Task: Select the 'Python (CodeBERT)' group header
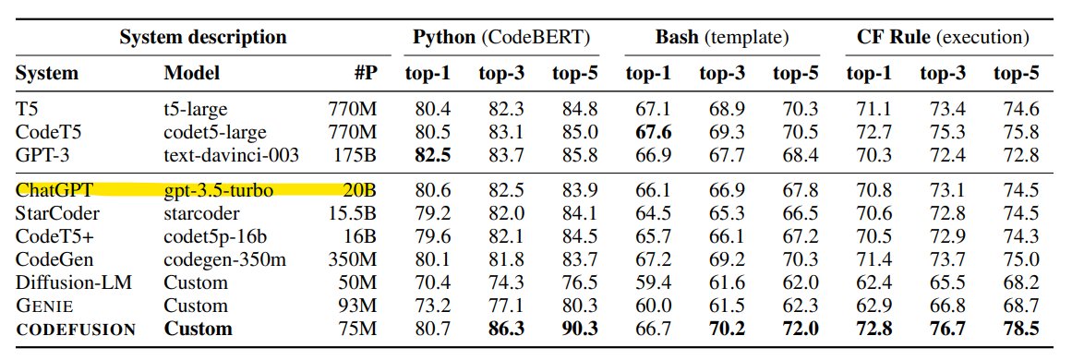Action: click(501, 38)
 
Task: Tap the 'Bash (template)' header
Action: click(721, 38)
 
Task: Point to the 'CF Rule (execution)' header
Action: click(943, 38)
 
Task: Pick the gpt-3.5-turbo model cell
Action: click(219, 192)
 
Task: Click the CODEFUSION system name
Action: click(76, 329)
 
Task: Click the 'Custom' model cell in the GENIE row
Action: click(195, 306)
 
